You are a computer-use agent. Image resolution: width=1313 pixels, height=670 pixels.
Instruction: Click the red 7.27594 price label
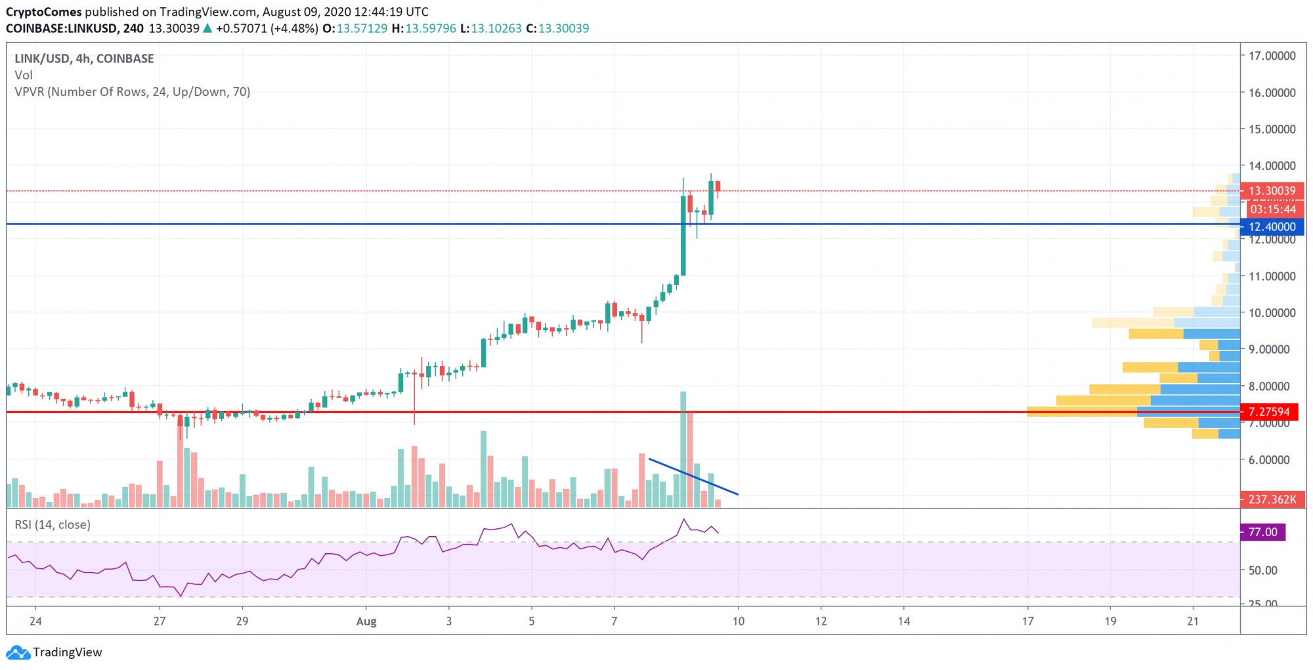pyautogui.click(x=1268, y=412)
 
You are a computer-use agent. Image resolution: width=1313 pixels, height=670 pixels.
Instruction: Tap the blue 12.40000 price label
pyautogui.click(x=1272, y=227)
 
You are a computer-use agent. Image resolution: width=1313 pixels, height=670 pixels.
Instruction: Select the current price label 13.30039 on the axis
pyautogui.click(x=1272, y=191)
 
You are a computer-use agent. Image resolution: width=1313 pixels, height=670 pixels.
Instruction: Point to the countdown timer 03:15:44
pyautogui.click(x=1272, y=209)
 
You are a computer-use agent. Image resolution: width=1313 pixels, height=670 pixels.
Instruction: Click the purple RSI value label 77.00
pyautogui.click(x=1262, y=532)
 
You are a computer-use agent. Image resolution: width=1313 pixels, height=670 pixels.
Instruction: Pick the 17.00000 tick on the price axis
pyautogui.click(x=1272, y=56)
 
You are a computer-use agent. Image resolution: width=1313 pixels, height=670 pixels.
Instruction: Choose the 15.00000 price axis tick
pyautogui.click(x=1272, y=129)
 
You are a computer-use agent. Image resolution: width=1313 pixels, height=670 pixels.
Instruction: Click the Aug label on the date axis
pyautogui.click(x=366, y=621)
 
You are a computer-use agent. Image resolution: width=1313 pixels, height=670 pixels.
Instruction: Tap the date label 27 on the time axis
pyautogui.click(x=160, y=621)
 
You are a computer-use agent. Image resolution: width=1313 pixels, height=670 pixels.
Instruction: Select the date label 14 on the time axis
pyautogui.click(x=904, y=621)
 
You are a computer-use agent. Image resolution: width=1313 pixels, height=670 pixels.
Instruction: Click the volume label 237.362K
pyautogui.click(x=1272, y=499)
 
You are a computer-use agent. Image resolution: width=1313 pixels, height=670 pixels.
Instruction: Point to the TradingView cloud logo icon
pyautogui.click(x=18, y=652)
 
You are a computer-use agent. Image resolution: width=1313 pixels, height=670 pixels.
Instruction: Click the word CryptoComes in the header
pyautogui.click(x=44, y=12)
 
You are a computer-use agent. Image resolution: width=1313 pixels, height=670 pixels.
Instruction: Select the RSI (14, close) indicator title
pyautogui.click(x=53, y=525)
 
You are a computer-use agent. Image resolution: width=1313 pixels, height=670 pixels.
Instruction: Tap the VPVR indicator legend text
pyautogui.click(x=132, y=92)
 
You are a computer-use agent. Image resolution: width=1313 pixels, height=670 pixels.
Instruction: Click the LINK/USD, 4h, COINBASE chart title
pyautogui.click(x=84, y=58)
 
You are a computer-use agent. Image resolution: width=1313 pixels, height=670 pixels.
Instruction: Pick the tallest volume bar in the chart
pyautogui.click(x=683, y=450)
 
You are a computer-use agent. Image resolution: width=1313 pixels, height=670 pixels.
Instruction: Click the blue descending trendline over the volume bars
pyautogui.click(x=693, y=476)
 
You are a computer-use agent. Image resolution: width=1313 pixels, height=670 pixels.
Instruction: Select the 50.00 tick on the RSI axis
pyautogui.click(x=1262, y=570)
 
